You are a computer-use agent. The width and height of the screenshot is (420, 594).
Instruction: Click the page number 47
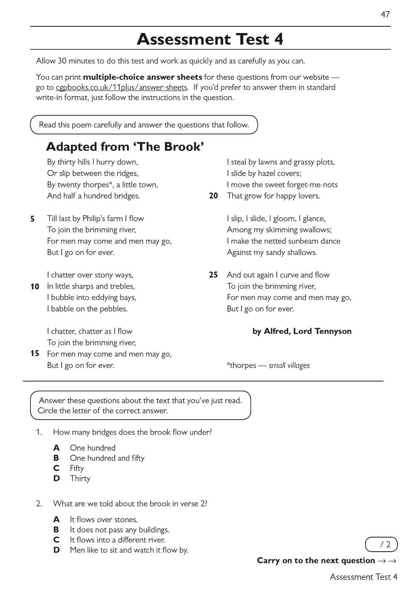[x=385, y=14]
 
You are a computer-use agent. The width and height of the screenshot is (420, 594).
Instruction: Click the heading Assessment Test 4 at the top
[x=210, y=39]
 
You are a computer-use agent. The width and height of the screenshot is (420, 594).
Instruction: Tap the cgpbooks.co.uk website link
[x=121, y=88]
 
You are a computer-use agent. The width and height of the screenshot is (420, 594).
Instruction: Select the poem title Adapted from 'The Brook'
[x=125, y=147]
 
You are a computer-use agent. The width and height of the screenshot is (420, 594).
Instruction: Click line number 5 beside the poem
[x=33, y=219]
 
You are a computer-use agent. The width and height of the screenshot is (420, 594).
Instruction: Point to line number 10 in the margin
[x=35, y=287]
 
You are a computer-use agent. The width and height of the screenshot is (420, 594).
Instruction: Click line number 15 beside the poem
[x=35, y=353]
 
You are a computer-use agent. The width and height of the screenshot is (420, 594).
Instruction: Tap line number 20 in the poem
[x=214, y=196]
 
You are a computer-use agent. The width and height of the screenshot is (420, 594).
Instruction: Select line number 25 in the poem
[x=214, y=275]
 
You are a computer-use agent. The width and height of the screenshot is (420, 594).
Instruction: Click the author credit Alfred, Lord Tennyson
[x=302, y=331]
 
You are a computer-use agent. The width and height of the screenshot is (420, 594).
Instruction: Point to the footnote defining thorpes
[x=268, y=365]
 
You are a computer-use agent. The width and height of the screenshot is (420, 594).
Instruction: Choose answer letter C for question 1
[x=56, y=468]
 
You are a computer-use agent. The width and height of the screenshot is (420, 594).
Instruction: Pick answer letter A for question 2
[x=56, y=519]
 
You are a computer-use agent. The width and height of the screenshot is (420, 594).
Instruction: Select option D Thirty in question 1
[x=80, y=479]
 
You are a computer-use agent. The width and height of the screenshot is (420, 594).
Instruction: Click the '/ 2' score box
[x=381, y=545]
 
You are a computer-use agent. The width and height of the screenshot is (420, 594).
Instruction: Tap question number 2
[x=39, y=504]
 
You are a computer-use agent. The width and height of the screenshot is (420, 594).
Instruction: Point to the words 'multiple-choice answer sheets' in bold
[x=143, y=77]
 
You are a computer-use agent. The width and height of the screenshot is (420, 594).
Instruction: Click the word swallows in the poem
[x=315, y=230]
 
